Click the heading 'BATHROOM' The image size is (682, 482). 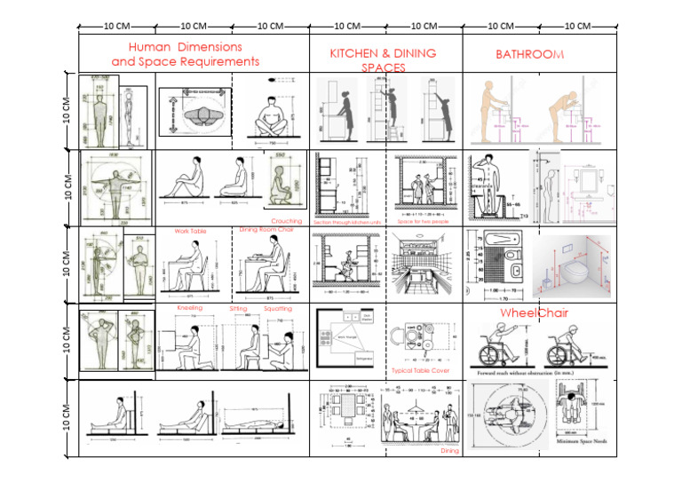(529, 54)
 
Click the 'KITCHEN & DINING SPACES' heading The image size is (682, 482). (383, 59)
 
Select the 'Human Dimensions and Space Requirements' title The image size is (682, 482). (185, 54)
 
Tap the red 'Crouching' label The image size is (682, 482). (287, 221)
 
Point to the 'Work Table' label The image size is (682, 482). (190, 232)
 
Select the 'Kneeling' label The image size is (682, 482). (190, 308)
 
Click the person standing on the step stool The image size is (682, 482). (384, 111)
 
